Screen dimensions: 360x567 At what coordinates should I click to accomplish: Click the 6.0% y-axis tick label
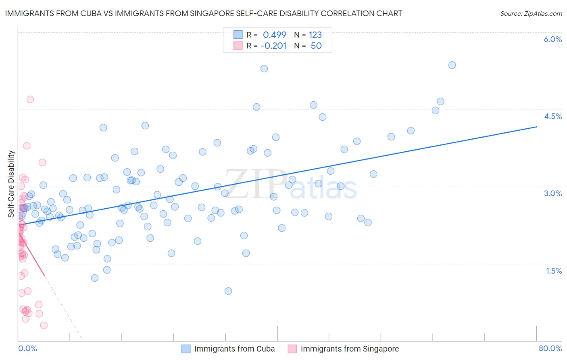tap(552, 39)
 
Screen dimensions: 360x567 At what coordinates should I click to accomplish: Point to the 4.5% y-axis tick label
tap(552, 116)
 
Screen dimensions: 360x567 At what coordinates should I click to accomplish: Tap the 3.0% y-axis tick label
tap(552, 193)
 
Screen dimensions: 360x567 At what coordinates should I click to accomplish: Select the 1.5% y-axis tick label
tap(553, 271)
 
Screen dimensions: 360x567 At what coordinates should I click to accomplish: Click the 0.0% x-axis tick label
tap(27, 348)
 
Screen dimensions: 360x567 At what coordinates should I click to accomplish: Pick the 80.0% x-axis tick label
tap(550, 348)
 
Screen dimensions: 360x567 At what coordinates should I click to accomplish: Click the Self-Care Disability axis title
tap(11, 184)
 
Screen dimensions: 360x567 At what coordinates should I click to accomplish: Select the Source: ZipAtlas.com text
tap(531, 13)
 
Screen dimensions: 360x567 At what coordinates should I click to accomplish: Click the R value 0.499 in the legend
tap(274, 35)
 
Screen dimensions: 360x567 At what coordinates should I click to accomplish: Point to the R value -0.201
tap(273, 46)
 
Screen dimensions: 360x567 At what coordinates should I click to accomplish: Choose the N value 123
tap(315, 35)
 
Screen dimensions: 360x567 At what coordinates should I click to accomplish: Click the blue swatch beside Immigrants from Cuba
tap(186, 349)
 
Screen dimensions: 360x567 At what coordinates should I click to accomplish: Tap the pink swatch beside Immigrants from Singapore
tap(292, 349)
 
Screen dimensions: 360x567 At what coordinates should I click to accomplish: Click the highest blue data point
tap(452, 65)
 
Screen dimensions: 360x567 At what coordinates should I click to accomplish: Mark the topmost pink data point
tap(30, 99)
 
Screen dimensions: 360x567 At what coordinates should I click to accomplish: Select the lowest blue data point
tap(228, 291)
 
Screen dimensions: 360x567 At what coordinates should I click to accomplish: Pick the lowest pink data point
tap(44, 325)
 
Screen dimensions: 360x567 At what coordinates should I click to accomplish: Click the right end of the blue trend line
tap(536, 127)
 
